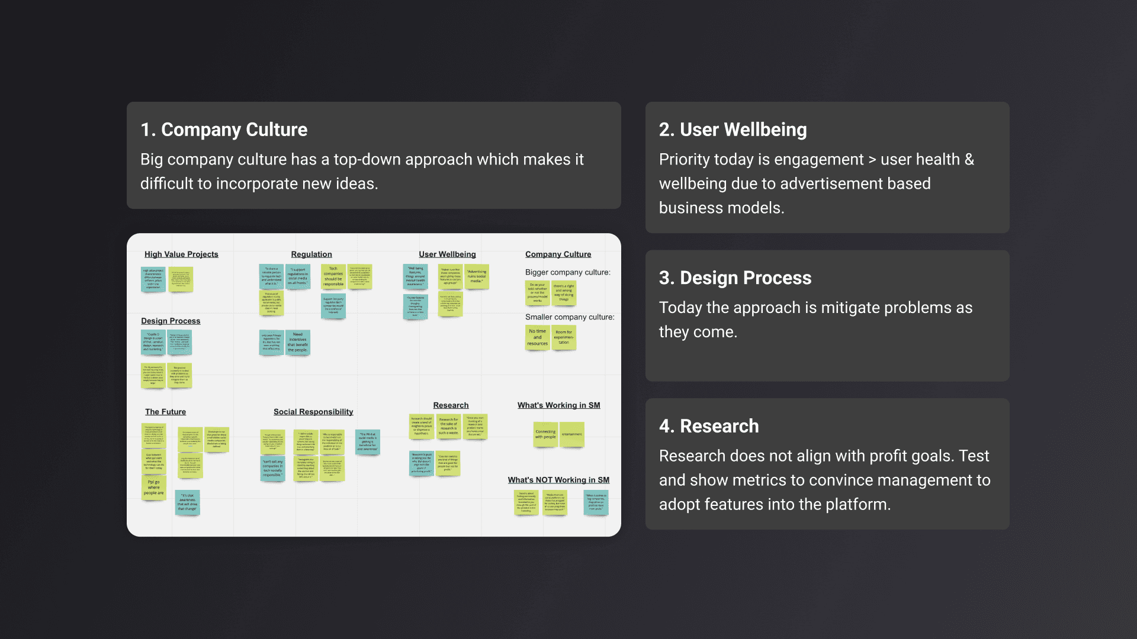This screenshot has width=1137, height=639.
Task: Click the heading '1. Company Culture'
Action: tap(224, 130)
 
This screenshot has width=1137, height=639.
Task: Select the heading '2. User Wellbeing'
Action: tap(733, 130)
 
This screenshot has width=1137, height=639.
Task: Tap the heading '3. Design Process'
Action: tap(735, 277)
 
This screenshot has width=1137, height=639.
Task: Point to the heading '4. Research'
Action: tap(709, 426)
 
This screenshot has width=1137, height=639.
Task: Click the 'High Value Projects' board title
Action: tap(181, 254)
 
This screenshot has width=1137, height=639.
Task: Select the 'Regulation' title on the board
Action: tap(311, 254)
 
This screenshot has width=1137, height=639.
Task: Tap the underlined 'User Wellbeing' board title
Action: tap(447, 254)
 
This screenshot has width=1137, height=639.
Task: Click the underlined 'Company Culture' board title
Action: tap(558, 254)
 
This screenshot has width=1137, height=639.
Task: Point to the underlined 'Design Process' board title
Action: tap(171, 321)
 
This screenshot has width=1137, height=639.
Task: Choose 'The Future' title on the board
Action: tap(165, 412)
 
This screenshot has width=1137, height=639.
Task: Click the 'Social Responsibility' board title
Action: tap(313, 412)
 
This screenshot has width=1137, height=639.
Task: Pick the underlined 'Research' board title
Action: tap(451, 405)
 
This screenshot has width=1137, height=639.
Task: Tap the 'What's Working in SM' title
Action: tap(558, 405)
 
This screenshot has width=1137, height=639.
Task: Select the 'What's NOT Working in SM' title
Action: tap(558, 480)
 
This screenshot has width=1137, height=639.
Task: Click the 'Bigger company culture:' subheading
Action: tap(567, 272)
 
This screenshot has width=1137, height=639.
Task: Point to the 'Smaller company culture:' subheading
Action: tap(570, 317)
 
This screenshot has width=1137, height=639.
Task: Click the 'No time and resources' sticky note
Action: tap(538, 337)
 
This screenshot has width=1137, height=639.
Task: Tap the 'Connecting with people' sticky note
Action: tap(545, 434)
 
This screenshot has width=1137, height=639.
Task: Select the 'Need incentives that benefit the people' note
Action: tap(298, 342)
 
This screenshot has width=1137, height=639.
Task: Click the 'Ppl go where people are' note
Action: tap(154, 488)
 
